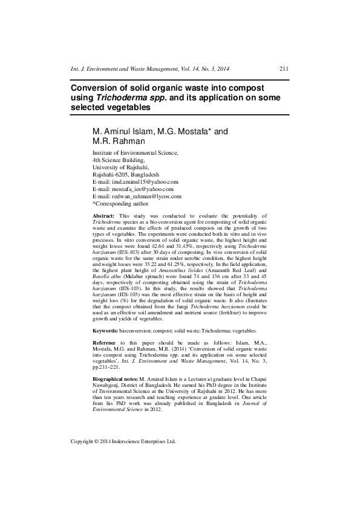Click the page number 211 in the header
(283, 70)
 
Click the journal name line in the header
(150, 70)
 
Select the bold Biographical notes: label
(115, 378)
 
